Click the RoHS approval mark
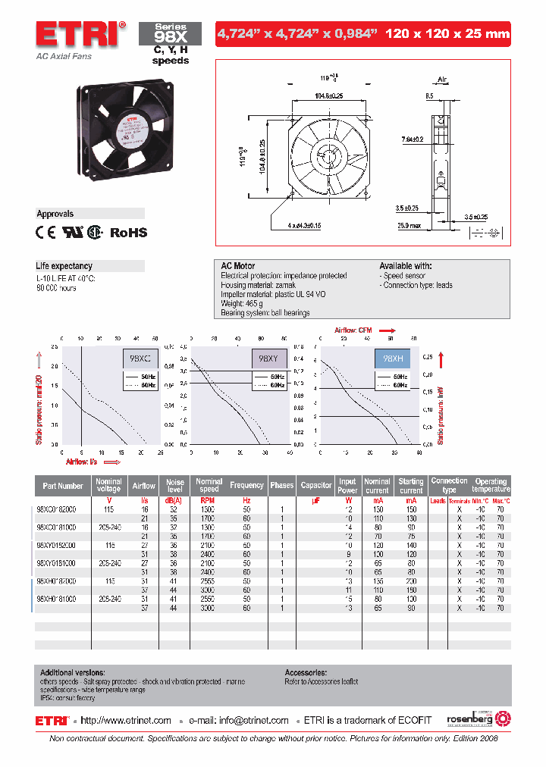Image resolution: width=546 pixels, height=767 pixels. click(x=129, y=233)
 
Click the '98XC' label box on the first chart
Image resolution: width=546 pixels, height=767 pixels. click(x=140, y=357)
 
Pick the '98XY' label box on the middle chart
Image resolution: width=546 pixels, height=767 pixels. click(x=269, y=357)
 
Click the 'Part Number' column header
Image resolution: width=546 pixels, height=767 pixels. click(x=63, y=486)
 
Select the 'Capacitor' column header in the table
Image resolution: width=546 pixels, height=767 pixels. click(x=316, y=486)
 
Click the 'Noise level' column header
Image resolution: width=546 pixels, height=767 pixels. click(x=175, y=486)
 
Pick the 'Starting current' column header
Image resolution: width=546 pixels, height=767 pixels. click(x=411, y=486)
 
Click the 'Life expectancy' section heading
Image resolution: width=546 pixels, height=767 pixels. click(x=64, y=266)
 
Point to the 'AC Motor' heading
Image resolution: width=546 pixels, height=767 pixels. click(x=237, y=266)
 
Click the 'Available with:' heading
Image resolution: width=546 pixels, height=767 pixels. click(x=406, y=266)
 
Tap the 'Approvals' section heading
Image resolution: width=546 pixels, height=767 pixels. click(x=55, y=214)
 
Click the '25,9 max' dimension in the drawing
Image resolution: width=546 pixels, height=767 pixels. click(x=410, y=225)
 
